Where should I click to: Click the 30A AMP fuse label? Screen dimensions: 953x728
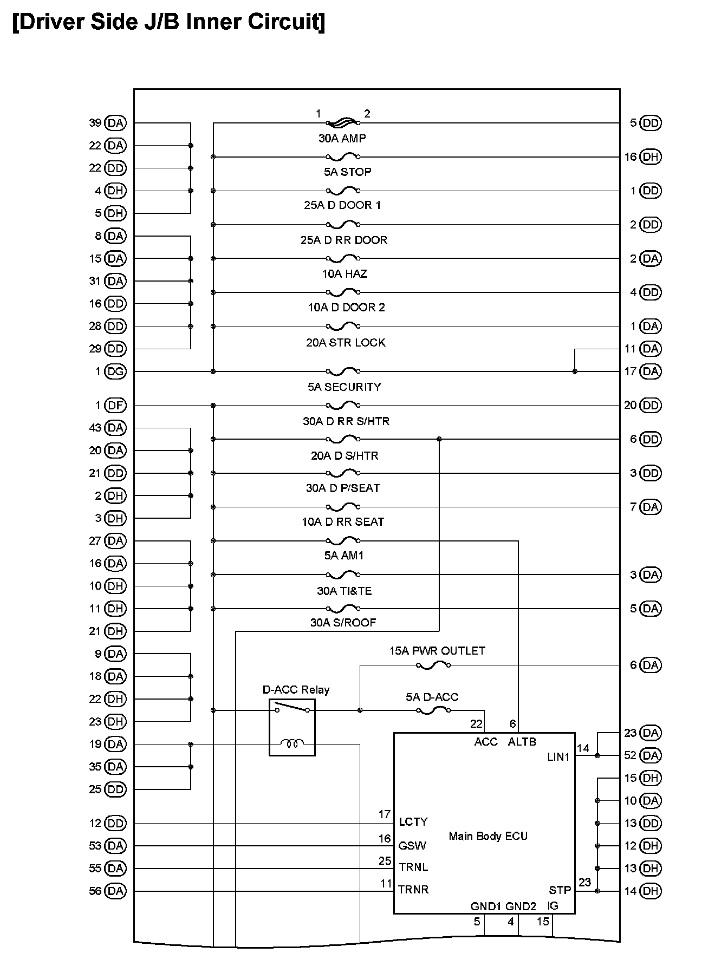342,139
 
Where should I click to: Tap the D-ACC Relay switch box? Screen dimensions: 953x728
292,727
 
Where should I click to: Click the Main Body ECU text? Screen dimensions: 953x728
487,836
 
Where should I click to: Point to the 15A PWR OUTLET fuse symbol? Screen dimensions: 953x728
433,665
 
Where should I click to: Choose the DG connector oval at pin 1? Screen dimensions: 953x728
115,371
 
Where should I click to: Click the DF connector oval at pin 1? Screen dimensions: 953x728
115,405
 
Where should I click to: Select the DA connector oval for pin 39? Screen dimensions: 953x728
115,123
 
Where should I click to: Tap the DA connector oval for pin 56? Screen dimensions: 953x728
115,891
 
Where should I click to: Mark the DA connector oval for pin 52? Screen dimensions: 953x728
651,755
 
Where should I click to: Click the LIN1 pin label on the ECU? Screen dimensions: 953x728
558,757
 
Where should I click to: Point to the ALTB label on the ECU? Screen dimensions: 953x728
522,742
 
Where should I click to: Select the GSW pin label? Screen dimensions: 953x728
412,846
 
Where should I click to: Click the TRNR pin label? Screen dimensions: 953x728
413,889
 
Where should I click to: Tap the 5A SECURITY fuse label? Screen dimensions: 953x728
344,387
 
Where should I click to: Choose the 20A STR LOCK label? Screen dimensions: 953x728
346,343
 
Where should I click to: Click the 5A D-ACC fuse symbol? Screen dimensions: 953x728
433,710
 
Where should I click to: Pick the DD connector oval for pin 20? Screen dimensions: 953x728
651,405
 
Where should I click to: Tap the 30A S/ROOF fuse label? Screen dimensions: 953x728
343,623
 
